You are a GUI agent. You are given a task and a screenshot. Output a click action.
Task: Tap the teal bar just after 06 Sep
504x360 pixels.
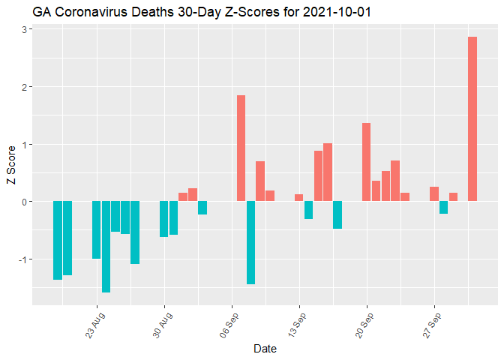[250, 242]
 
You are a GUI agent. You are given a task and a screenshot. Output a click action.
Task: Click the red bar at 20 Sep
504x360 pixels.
[366, 162]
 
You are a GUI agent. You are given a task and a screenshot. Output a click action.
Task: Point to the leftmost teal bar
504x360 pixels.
[58, 240]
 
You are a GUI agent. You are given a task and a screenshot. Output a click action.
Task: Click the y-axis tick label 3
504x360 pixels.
[25, 29]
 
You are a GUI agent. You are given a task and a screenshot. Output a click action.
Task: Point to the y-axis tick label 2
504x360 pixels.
[25, 87]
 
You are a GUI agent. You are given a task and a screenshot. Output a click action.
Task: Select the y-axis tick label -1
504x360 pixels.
[23, 259]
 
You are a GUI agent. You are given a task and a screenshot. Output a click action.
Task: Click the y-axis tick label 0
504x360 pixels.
[25, 202]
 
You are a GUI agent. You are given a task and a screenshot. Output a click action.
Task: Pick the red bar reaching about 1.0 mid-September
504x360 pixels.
[328, 172]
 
